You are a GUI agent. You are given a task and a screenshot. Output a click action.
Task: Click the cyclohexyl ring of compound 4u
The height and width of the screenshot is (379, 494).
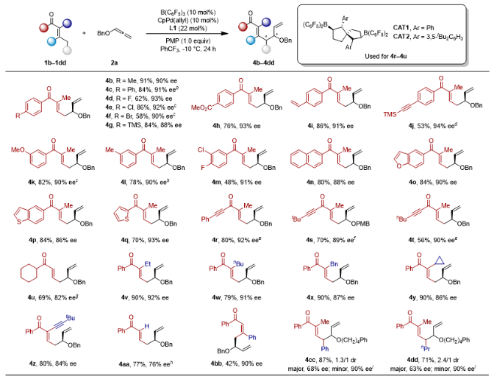pyautogui.click(x=22, y=283)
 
